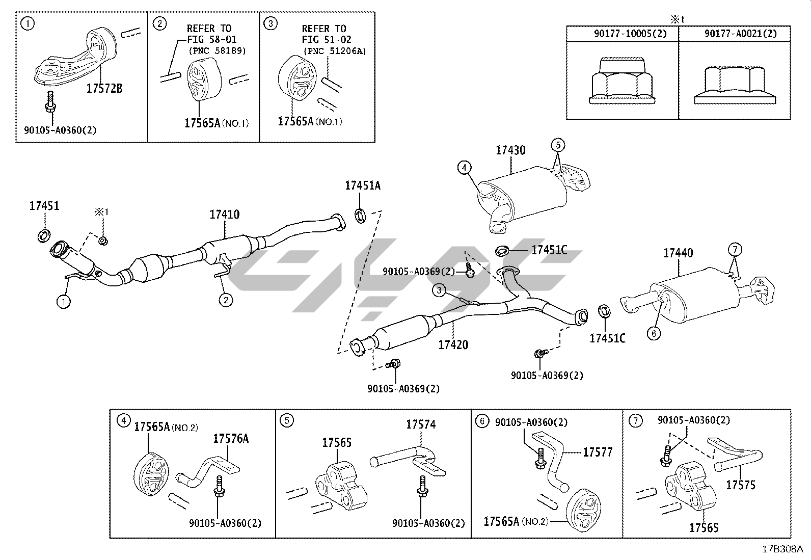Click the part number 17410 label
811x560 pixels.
click(224, 215)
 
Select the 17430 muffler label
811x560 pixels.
click(510, 150)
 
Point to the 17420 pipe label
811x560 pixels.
click(453, 345)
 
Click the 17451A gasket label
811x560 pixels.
click(362, 186)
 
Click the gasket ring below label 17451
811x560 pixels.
click(44, 235)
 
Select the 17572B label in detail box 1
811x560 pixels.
click(104, 89)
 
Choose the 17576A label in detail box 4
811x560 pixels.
click(231, 438)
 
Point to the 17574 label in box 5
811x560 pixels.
click(421, 424)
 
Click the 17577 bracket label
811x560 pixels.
click(598, 452)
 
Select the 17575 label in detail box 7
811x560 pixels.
click(741, 485)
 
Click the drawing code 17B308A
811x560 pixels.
click(782, 549)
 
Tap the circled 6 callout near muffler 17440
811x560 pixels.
click(654, 334)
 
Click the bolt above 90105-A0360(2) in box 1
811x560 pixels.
click(50, 102)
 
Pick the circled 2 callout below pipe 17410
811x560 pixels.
click(226, 300)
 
